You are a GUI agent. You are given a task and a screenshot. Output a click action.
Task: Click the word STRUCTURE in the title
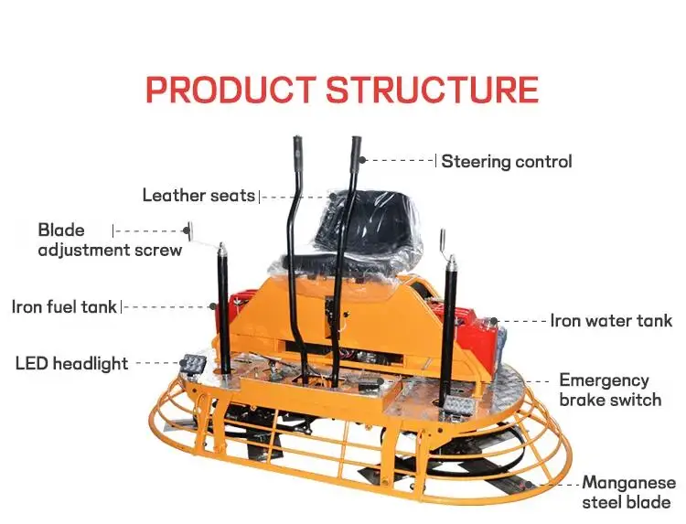[x=432, y=91]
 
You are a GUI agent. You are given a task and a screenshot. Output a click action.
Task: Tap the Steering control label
[x=507, y=162]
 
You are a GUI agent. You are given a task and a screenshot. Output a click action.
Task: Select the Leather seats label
[x=198, y=196]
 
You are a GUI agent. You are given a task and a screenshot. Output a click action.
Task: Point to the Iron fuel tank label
[x=64, y=306]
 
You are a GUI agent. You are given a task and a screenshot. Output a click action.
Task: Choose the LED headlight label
[x=71, y=364]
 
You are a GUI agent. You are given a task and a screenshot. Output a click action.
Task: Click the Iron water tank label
[x=611, y=321]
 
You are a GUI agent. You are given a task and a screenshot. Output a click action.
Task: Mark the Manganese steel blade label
[x=628, y=492]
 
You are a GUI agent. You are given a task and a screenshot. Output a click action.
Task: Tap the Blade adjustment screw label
[x=110, y=240]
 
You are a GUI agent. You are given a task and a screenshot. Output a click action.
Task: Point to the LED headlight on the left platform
[x=193, y=365]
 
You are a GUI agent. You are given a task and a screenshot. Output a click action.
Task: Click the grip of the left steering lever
[x=297, y=151]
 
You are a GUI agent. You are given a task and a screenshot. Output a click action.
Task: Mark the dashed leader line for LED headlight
[x=158, y=364]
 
